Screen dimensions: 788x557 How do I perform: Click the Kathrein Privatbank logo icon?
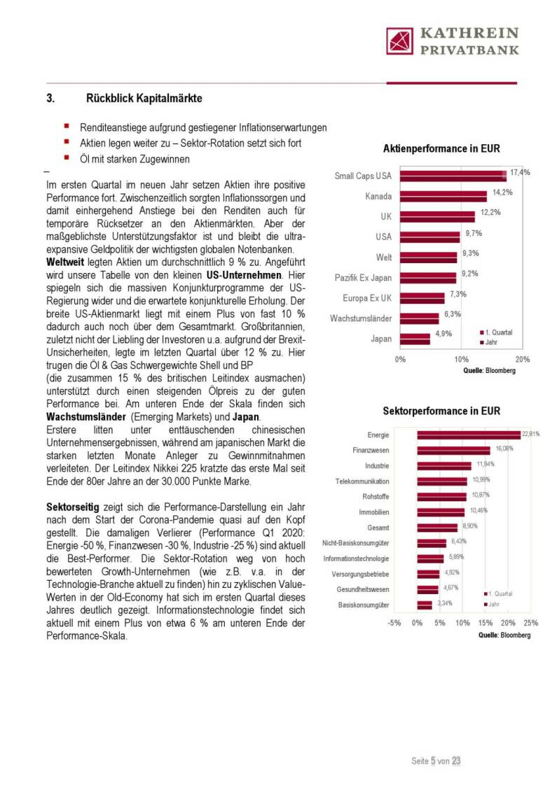click(x=401, y=41)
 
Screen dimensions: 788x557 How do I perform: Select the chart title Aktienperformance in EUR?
click(x=441, y=149)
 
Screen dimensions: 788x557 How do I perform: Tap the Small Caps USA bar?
click(x=453, y=176)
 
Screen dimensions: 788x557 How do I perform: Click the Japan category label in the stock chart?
click(x=381, y=339)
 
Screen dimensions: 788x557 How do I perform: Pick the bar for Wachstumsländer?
click(x=420, y=318)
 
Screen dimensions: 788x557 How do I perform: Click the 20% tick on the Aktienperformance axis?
click(x=522, y=360)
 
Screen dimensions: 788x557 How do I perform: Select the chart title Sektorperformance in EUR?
click(x=441, y=411)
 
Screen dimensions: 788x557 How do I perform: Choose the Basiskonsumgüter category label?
click(x=364, y=605)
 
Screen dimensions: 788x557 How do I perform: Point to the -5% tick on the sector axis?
click(x=394, y=623)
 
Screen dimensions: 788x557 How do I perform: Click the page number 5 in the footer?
click(x=433, y=761)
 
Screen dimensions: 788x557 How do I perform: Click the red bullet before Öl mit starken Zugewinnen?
click(x=66, y=158)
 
